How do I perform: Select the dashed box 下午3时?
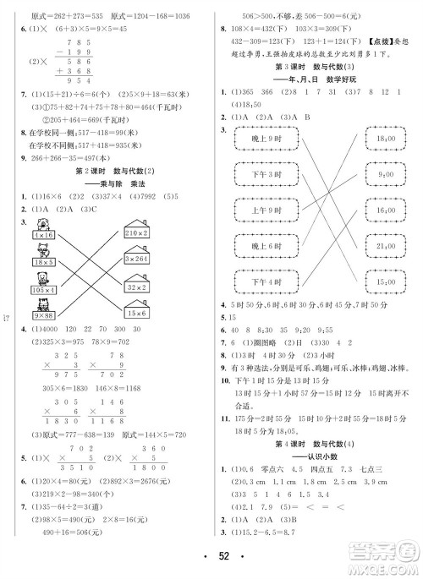click(x=261, y=176)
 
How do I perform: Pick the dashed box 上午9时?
click(x=261, y=210)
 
